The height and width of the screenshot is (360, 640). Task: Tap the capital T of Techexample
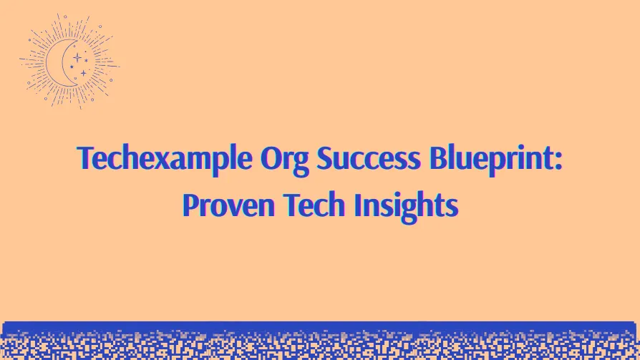pyautogui.click(x=84, y=157)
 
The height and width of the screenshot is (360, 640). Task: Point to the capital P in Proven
pyautogui.click(x=190, y=205)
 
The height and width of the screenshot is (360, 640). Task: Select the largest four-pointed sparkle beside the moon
pyautogui.click(x=77, y=57)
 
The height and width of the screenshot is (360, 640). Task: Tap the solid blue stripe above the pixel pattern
pyautogui.click(x=320, y=326)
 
